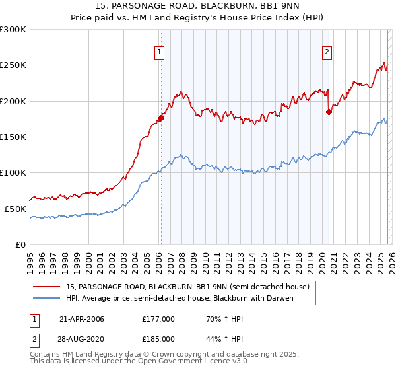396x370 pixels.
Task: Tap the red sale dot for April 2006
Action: point(160,118)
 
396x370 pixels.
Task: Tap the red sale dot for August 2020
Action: point(329,112)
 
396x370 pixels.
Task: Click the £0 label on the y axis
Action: point(20,244)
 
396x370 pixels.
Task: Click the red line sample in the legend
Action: point(47,287)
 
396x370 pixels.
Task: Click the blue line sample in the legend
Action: point(47,298)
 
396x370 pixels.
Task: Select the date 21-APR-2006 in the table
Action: point(82,319)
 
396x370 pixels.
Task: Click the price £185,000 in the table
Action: point(158,338)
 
